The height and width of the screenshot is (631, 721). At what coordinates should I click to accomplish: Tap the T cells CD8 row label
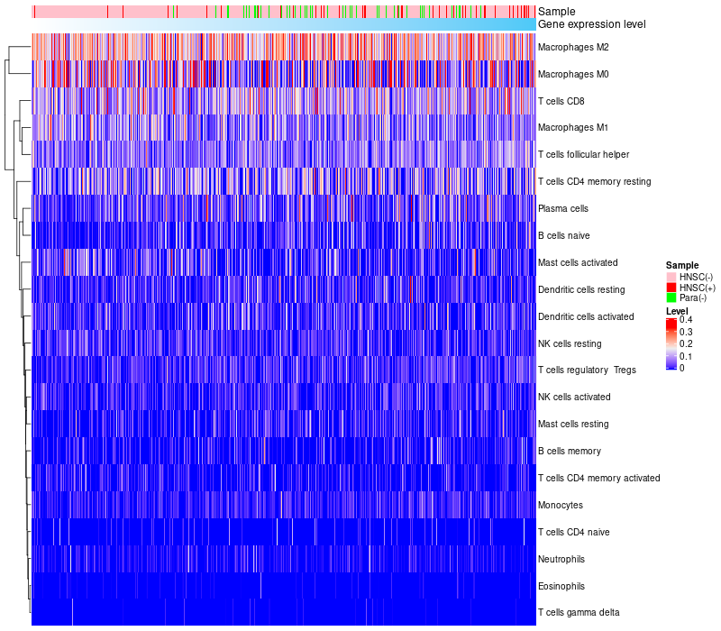[x=560, y=101]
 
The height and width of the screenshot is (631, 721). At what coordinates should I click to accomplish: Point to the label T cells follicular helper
[x=583, y=155]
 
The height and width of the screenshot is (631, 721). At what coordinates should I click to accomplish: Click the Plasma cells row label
[x=562, y=208]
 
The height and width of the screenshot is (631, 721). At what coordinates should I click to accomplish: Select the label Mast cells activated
[x=578, y=262]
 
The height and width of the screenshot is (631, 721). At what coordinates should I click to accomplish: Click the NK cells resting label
[x=570, y=343]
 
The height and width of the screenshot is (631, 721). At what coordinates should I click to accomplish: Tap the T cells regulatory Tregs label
[x=587, y=370]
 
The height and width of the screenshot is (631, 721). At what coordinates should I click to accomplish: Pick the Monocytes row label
[x=560, y=505]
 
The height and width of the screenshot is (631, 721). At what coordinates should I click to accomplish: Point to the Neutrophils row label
[x=562, y=559]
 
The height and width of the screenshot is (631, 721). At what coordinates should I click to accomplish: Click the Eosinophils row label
[x=561, y=586]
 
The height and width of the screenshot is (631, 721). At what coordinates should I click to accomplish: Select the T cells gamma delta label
[x=579, y=613]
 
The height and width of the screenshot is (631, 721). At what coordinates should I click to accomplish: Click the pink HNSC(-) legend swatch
[x=671, y=276]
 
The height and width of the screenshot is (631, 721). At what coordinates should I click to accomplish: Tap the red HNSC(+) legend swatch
[x=671, y=287]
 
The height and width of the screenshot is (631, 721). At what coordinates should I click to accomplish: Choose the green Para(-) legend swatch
[x=671, y=297]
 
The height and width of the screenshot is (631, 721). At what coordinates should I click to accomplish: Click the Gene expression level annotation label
[x=591, y=24]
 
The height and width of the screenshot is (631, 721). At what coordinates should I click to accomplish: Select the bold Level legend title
[x=676, y=311]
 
